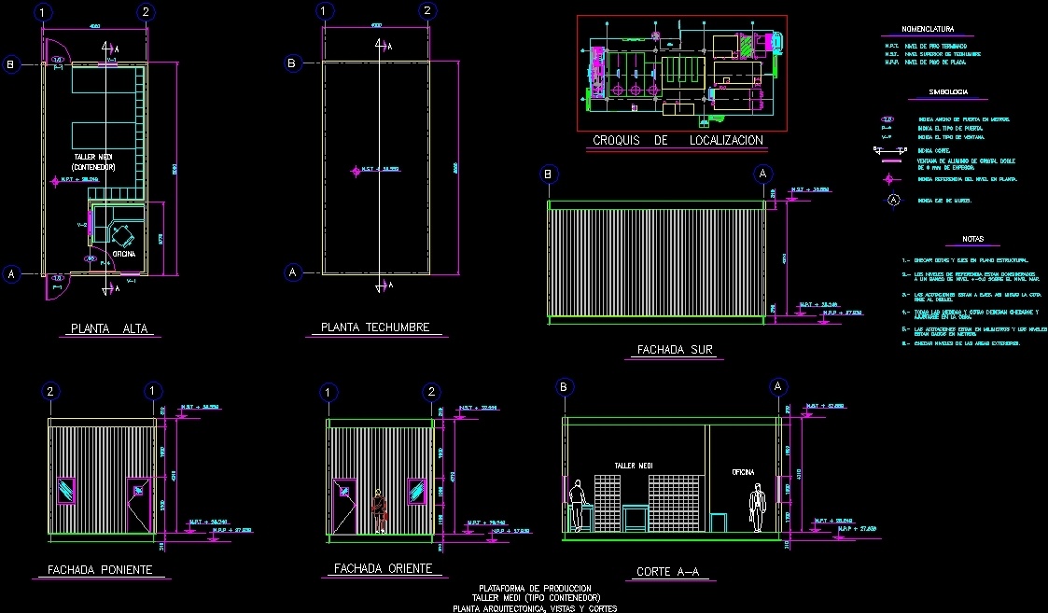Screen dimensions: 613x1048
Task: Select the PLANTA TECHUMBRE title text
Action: (x=375, y=327)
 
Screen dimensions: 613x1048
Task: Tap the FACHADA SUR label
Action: (x=675, y=351)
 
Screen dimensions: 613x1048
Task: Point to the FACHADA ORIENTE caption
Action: (x=382, y=568)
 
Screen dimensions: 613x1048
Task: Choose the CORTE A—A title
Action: (x=667, y=571)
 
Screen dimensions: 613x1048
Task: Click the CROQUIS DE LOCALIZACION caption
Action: (x=678, y=141)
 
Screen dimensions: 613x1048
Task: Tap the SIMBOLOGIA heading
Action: (x=947, y=92)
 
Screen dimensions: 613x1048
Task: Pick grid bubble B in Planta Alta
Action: (x=11, y=64)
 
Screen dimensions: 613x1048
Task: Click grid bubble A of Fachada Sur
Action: (x=763, y=174)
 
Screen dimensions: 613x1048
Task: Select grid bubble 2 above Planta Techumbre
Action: (x=426, y=12)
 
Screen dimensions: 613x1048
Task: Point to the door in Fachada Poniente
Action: (x=139, y=504)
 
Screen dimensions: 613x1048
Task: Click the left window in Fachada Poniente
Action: (x=68, y=489)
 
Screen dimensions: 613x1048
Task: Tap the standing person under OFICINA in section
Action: (x=757, y=509)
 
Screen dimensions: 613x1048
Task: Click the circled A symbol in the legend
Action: (x=893, y=200)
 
